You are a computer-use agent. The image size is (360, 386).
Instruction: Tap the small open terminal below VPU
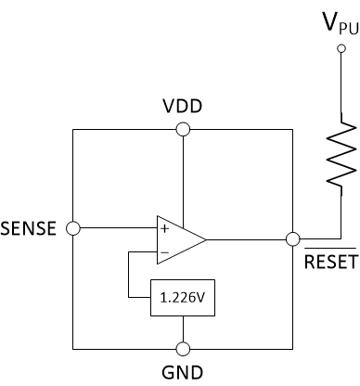pos(342,46)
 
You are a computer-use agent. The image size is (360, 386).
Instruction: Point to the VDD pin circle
pos(184,129)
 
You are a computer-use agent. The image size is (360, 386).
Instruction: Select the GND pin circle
pos(184,349)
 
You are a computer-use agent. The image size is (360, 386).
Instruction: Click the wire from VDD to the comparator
pos(184,176)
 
